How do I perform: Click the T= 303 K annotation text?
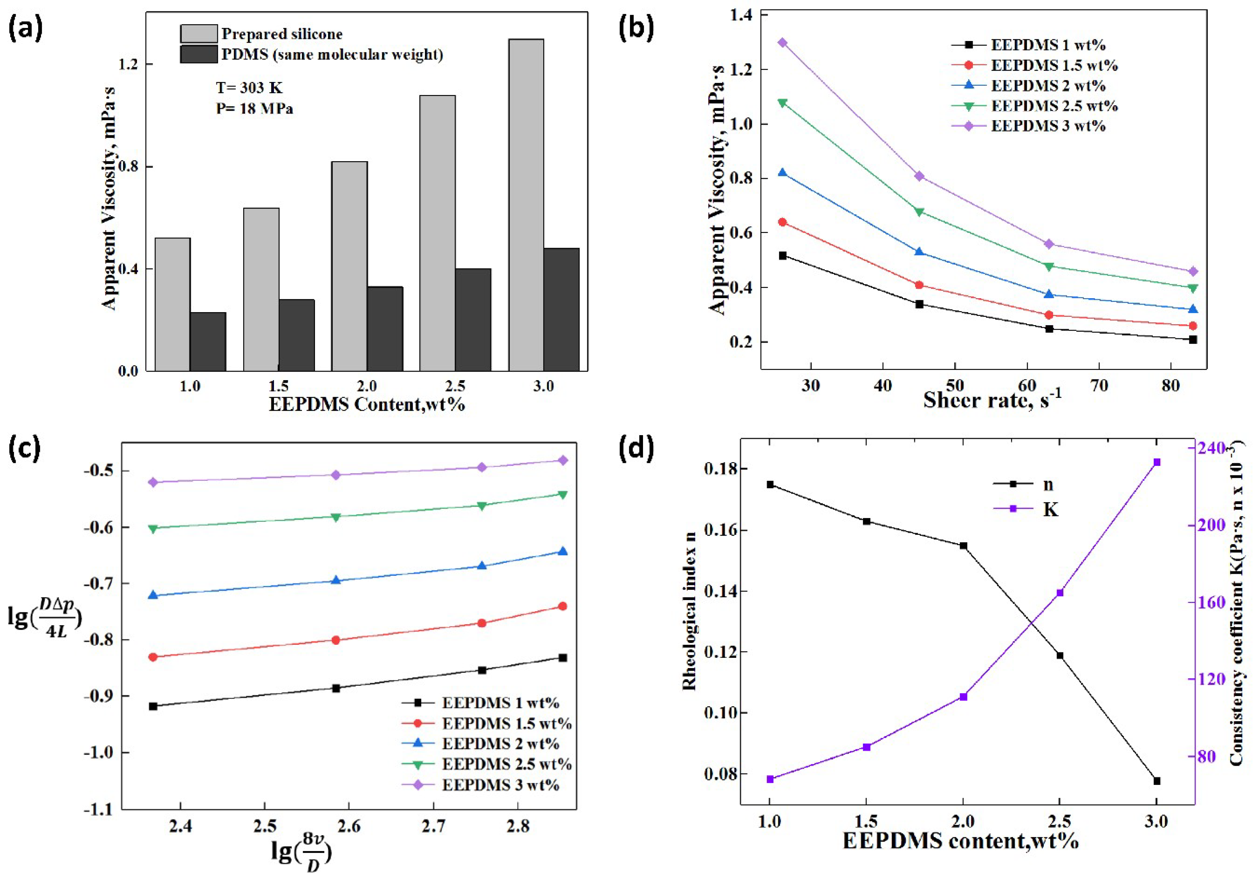coord(249,88)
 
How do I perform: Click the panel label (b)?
coord(635,28)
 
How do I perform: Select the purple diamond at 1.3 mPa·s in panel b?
coord(782,43)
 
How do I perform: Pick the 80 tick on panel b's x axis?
coord(1170,386)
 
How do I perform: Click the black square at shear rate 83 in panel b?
coord(1193,339)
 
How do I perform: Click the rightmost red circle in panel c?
coord(562,606)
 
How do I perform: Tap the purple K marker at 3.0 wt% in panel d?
coord(1157,462)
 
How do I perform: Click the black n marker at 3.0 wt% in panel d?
coord(1157,781)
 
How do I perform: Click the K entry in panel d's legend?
coord(1050,509)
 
